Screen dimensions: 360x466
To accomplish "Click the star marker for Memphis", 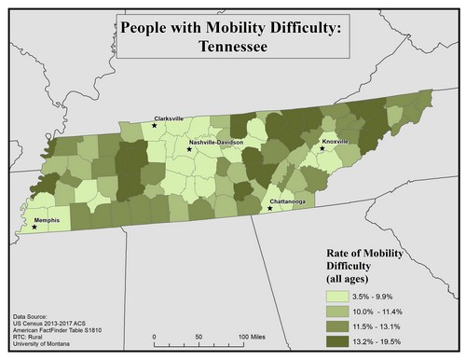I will click(34, 227).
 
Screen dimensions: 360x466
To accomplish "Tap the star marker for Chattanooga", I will click(269, 209).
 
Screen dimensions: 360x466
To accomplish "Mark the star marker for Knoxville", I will click(322, 148).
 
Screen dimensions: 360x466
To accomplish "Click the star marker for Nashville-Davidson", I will click(189, 149).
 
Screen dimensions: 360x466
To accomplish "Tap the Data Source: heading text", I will click(34, 318).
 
